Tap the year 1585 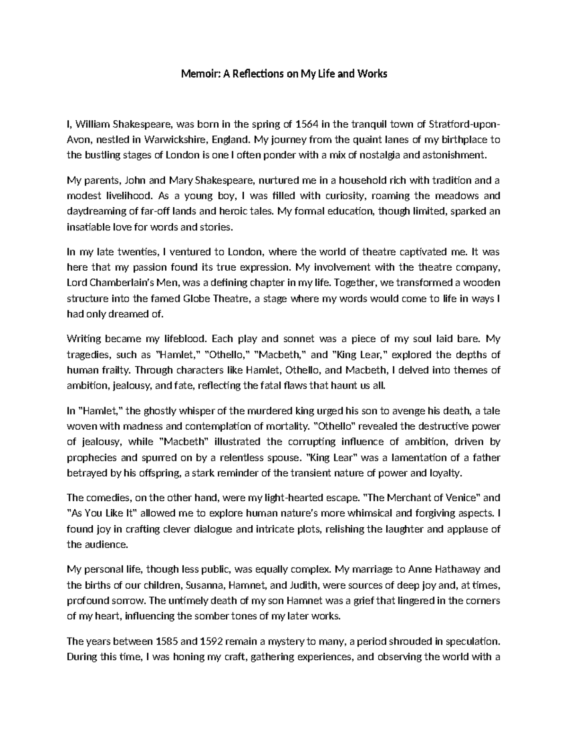click(167, 641)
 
